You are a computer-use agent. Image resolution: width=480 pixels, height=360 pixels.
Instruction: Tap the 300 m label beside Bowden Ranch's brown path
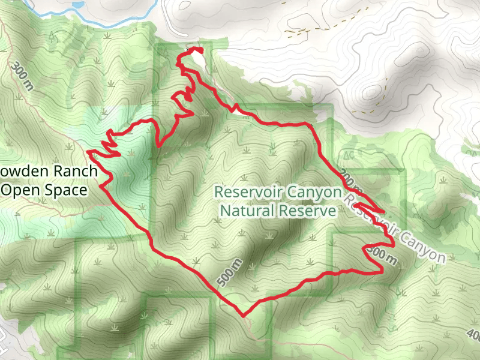(x=23, y=75)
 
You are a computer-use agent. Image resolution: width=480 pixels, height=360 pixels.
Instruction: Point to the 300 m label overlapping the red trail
(x=384, y=256)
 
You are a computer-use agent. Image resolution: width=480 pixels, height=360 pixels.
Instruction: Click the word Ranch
(x=74, y=172)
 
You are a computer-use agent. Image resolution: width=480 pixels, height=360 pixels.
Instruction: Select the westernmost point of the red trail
(x=88, y=152)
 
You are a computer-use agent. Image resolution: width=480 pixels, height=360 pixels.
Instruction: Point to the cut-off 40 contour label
(x=473, y=334)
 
